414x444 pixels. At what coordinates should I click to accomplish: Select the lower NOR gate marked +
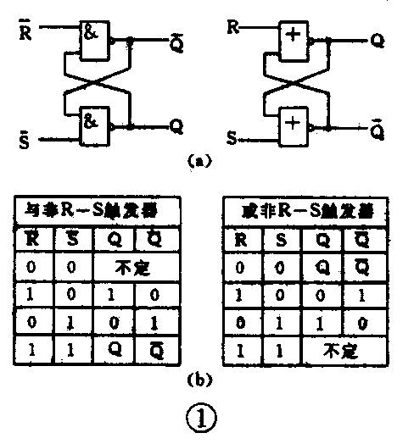coord(293,124)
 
